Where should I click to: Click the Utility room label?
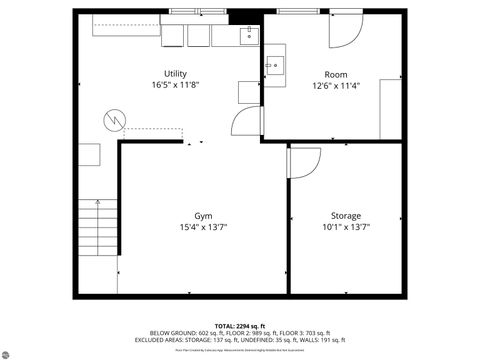[175, 74]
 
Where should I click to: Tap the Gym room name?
[203, 216]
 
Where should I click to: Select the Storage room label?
[346, 216]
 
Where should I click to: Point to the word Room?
[336, 74]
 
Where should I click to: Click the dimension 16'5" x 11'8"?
[175, 86]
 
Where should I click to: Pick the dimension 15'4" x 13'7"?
[203, 228]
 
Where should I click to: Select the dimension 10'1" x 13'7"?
[346, 228]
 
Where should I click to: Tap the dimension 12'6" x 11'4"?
[336, 86]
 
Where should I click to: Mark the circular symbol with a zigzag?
[113, 120]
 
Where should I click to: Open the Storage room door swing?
[302, 163]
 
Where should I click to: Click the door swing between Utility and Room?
[244, 124]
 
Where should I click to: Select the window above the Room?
[296, 10]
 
